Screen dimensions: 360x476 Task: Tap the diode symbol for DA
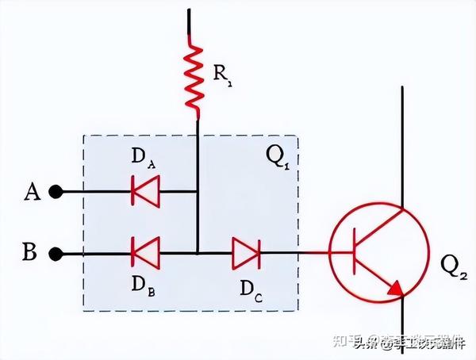point(145,191)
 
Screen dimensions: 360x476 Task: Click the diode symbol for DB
point(145,254)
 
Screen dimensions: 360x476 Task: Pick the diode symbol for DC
point(246,254)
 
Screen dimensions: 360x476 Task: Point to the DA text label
point(144,159)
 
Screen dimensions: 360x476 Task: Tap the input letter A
point(33,192)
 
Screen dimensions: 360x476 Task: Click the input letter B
point(29,254)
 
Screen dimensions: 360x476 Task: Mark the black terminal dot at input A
point(56,192)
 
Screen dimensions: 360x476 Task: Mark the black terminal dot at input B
point(56,255)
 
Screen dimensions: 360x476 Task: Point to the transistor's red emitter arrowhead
point(394,288)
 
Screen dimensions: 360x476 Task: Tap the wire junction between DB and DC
point(197,254)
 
